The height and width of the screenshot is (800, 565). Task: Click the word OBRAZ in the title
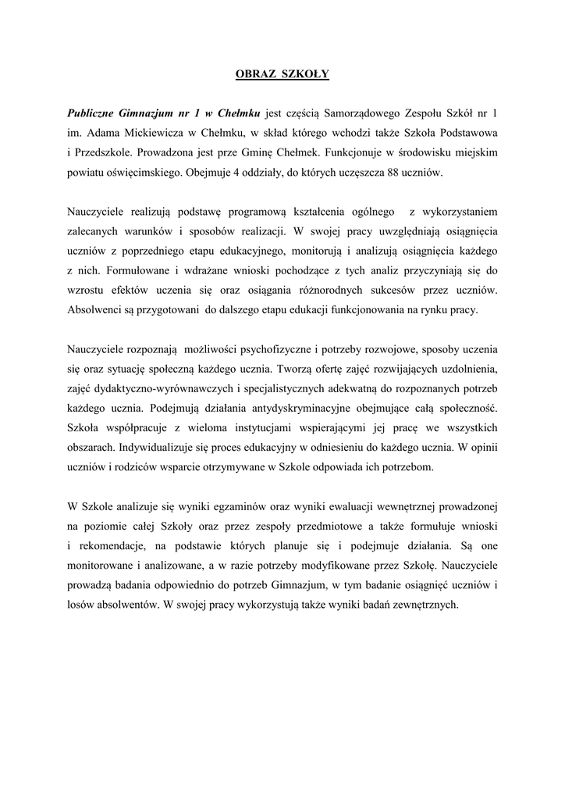tap(252, 74)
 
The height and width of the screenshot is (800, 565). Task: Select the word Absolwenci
tap(98, 309)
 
